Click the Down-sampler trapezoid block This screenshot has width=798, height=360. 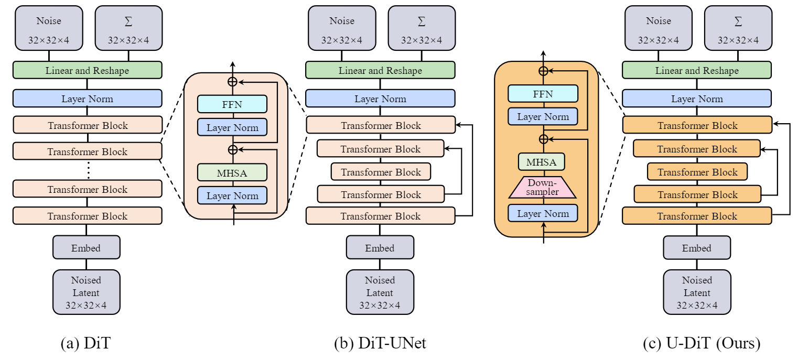pos(543,187)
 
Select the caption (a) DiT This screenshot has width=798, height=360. pos(86,343)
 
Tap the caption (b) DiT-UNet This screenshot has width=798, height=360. pos(380,343)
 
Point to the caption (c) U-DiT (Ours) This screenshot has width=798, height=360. pos(701,343)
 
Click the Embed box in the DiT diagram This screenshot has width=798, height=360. pos(87,247)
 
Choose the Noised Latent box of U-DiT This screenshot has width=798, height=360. pos(697,292)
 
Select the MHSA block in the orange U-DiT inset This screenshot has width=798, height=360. pos(541,162)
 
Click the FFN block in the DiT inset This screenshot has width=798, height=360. pos(232,104)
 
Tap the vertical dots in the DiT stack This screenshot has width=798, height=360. pos(88,170)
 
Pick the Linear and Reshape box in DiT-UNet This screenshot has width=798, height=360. pos(380,70)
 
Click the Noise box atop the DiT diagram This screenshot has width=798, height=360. pos(49,28)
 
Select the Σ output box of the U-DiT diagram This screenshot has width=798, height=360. pos(738,28)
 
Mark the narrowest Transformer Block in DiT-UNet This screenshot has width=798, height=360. pos(381,172)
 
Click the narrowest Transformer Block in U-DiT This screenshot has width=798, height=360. pos(697,172)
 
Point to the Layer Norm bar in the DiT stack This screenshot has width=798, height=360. pos(87,99)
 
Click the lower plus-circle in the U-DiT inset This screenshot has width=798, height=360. pos(544,139)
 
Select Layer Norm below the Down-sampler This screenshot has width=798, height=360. pos(542,213)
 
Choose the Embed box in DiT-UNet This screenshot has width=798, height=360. pos(380,247)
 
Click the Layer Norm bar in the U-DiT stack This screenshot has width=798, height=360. pos(697,99)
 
